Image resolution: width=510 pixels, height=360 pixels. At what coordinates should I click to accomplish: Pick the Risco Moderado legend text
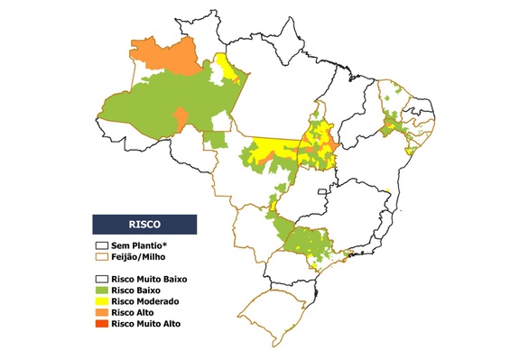[x=144, y=300]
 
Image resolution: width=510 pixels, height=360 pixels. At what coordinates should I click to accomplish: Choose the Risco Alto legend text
[x=132, y=311]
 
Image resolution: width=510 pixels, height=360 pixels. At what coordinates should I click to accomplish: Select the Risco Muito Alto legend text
[x=145, y=322]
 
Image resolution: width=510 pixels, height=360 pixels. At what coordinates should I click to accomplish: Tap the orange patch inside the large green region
[x=181, y=118]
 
